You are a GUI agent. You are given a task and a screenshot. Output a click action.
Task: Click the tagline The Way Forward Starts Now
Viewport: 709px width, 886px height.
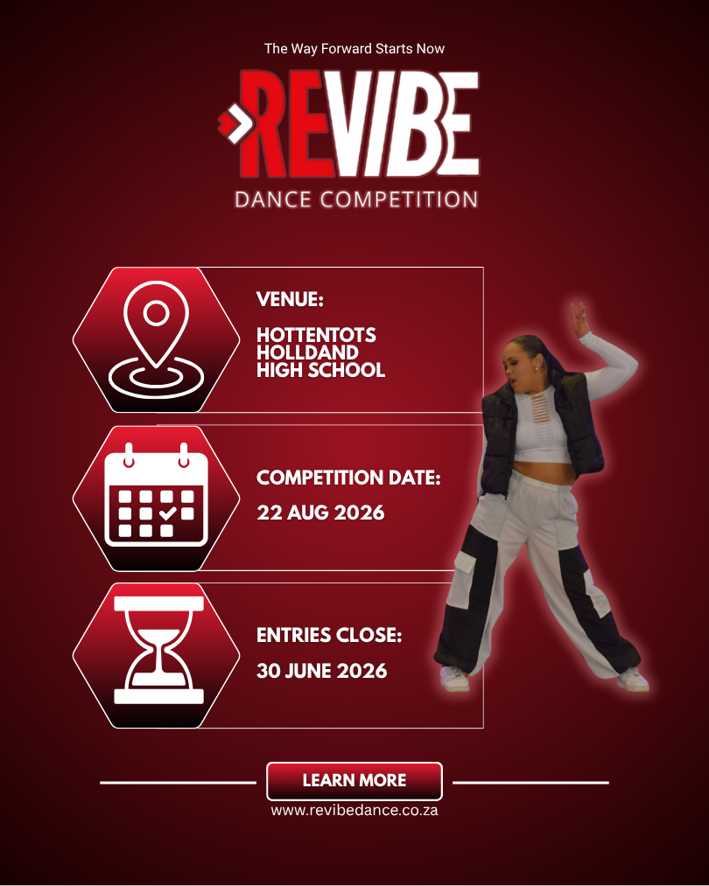click(x=354, y=49)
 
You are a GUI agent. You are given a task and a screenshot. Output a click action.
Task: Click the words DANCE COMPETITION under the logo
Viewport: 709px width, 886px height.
click(x=355, y=199)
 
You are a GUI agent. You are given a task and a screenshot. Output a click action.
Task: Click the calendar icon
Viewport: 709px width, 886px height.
click(x=156, y=498)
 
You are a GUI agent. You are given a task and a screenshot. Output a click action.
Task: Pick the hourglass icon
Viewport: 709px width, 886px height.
click(x=158, y=651)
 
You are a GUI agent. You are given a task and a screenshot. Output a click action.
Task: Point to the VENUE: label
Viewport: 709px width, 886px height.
click(x=290, y=300)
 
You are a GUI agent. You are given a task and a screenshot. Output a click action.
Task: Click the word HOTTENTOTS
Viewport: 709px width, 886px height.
click(x=316, y=336)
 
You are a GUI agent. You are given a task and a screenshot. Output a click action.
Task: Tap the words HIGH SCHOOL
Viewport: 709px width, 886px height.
click(x=320, y=370)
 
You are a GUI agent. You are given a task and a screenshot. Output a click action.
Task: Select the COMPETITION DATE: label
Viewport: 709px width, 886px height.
click(x=348, y=478)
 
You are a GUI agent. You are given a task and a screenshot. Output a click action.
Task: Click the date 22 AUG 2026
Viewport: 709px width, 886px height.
click(x=320, y=513)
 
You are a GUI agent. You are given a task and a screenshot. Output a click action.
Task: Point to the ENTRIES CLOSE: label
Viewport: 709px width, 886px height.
click(x=329, y=636)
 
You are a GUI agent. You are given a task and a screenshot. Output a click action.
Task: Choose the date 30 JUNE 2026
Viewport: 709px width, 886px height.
click(x=321, y=671)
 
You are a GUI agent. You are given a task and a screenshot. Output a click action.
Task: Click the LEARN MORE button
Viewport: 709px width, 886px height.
click(x=354, y=780)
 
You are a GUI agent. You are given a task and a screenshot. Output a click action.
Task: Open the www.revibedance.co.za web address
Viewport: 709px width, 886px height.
click(x=354, y=811)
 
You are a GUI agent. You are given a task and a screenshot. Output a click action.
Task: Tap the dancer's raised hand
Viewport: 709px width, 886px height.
click(x=579, y=319)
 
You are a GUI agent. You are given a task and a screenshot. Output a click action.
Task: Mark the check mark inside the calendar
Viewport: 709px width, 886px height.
click(x=168, y=513)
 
